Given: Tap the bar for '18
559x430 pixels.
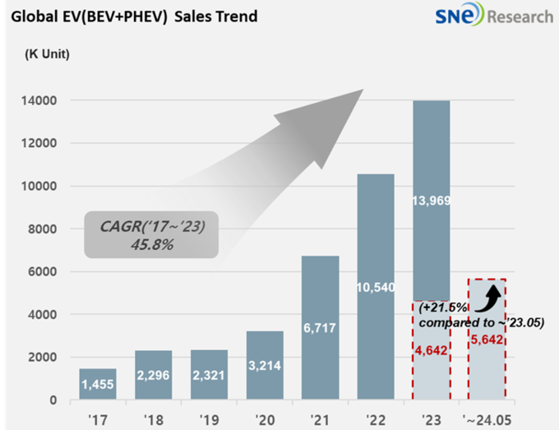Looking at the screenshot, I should click(154, 376).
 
